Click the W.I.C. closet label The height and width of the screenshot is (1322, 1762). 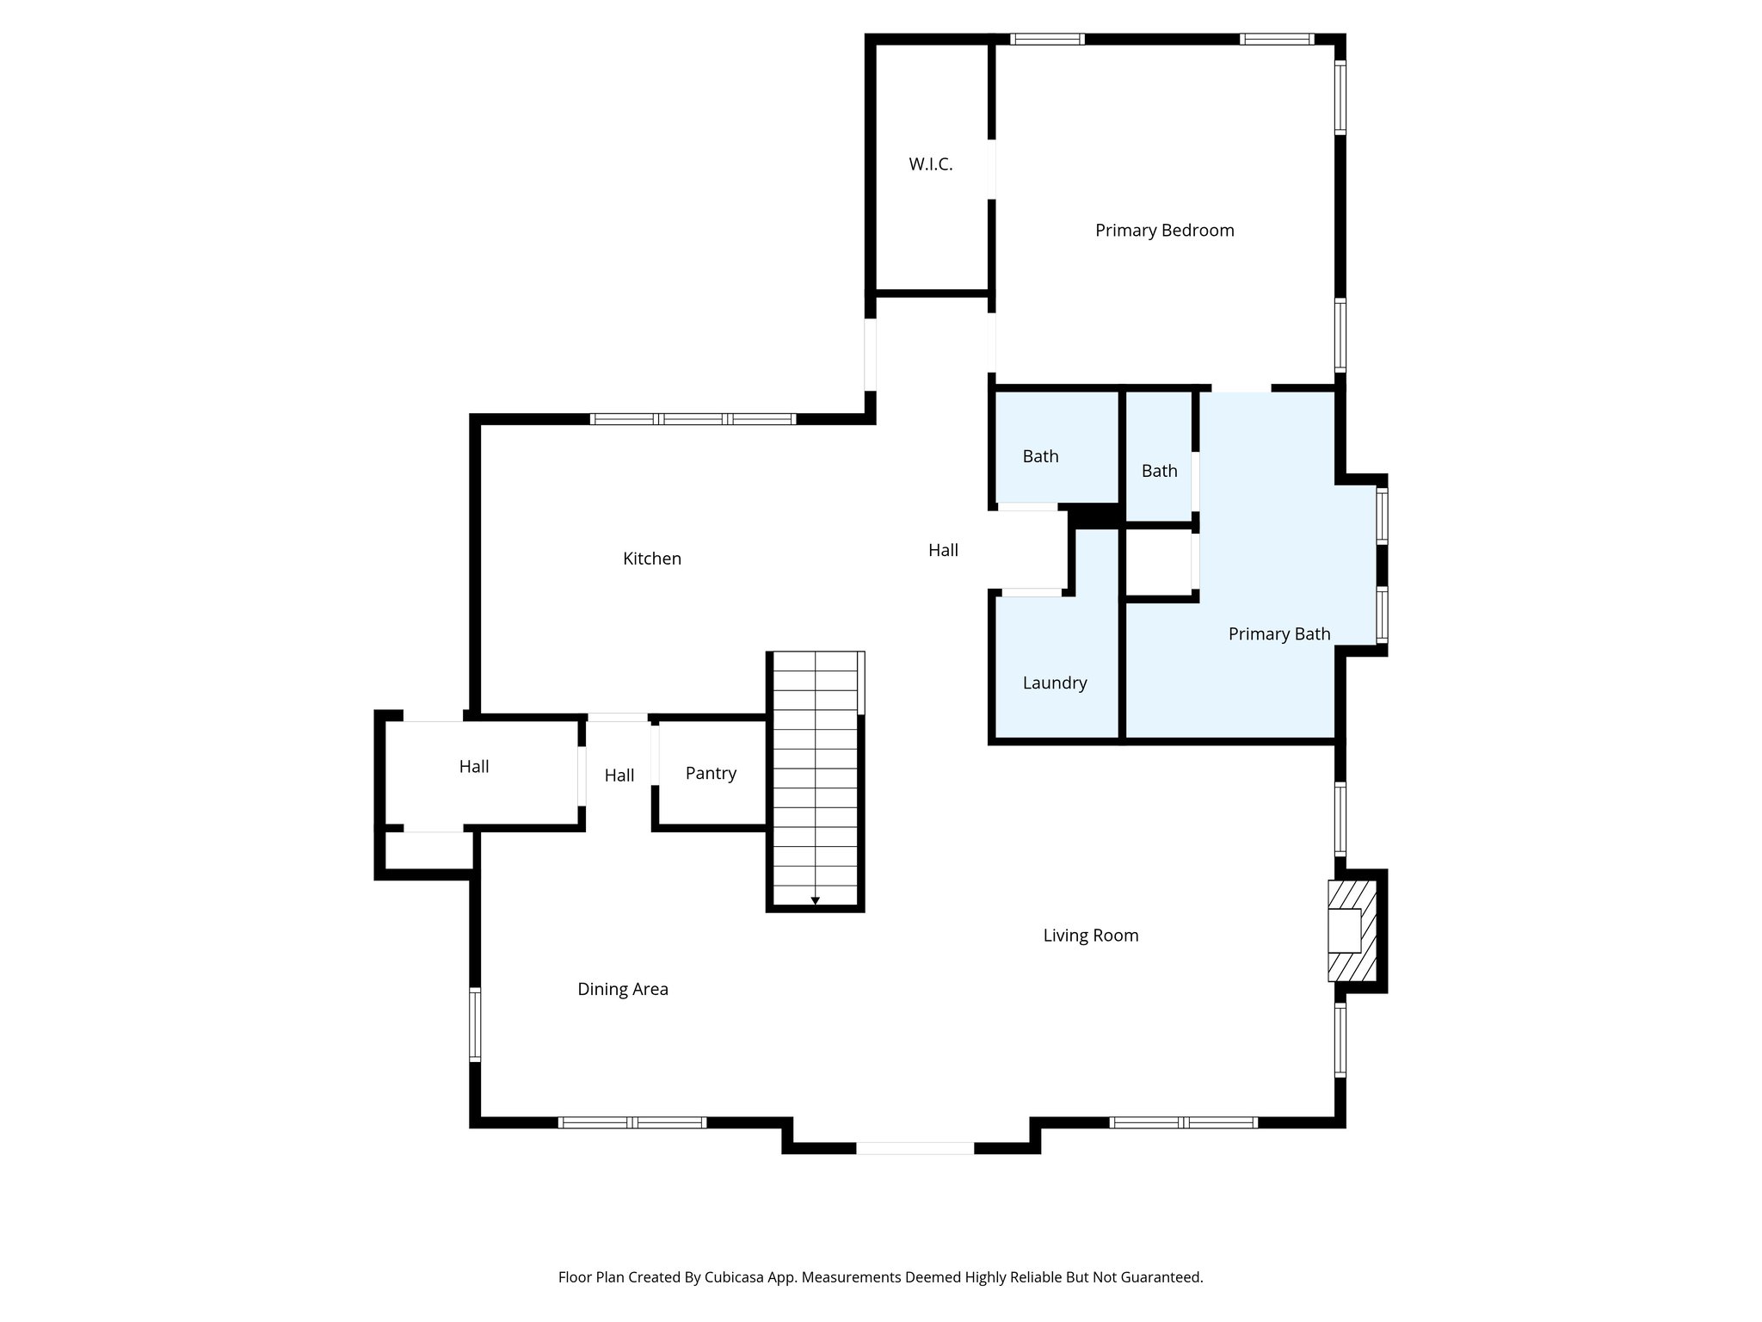pyautogui.click(x=930, y=164)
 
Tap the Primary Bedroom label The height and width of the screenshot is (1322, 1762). pyautogui.click(x=1164, y=231)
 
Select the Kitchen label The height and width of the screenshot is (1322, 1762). pyautogui.click(x=651, y=559)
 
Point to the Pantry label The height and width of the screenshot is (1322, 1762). pyautogui.click(x=710, y=773)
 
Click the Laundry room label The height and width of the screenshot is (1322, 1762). pyautogui.click(x=1054, y=683)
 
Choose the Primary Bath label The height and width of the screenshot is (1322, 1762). pyautogui.click(x=1278, y=634)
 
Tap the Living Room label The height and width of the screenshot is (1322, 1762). pyautogui.click(x=1090, y=936)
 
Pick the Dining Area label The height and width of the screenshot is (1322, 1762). pyautogui.click(x=622, y=989)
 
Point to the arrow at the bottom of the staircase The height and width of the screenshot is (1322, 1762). pyautogui.click(x=815, y=901)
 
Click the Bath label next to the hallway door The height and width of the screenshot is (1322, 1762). pyautogui.click(x=1040, y=456)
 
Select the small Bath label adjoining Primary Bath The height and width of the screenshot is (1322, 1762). pyautogui.click(x=1159, y=471)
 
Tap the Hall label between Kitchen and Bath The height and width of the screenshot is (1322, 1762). pyautogui.click(x=943, y=550)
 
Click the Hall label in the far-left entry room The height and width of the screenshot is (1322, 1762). pyautogui.click(x=473, y=766)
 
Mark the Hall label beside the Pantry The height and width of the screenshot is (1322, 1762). pyautogui.click(x=619, y=775)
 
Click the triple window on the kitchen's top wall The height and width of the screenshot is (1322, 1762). pyautogui.click(x=693, y=419)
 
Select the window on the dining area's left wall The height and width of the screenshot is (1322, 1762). pyautogui.click(x=474, y=1024)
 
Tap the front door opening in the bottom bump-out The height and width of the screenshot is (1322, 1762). pyautogui.click(x=915, y=1147)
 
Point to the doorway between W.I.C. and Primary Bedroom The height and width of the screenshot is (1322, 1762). pyautogui.click(x=991, y=170)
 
